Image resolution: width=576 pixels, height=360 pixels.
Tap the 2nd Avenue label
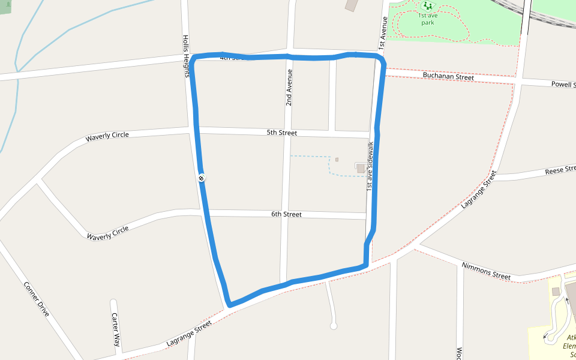pos(289,88)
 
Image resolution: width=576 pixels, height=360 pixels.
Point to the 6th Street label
pos(286,214)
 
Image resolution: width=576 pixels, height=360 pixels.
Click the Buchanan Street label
pos(448,76)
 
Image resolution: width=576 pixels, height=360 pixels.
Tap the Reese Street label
pos(559,172)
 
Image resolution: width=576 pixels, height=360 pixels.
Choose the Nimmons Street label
pos(486,271)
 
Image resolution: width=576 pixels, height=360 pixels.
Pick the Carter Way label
pos(116,329)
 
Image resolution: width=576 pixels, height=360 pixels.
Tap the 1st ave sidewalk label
pos(370,167)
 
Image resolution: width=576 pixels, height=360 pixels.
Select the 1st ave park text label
pos(427,19)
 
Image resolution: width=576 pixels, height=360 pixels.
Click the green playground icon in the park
pos(428,7)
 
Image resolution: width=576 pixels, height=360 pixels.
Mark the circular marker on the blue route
pos(202,178)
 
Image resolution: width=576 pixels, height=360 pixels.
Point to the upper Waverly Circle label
pos(107,136)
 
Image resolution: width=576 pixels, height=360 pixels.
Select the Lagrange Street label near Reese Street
pos(479,190)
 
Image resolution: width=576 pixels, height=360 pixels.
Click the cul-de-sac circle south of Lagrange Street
pos(334,326)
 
